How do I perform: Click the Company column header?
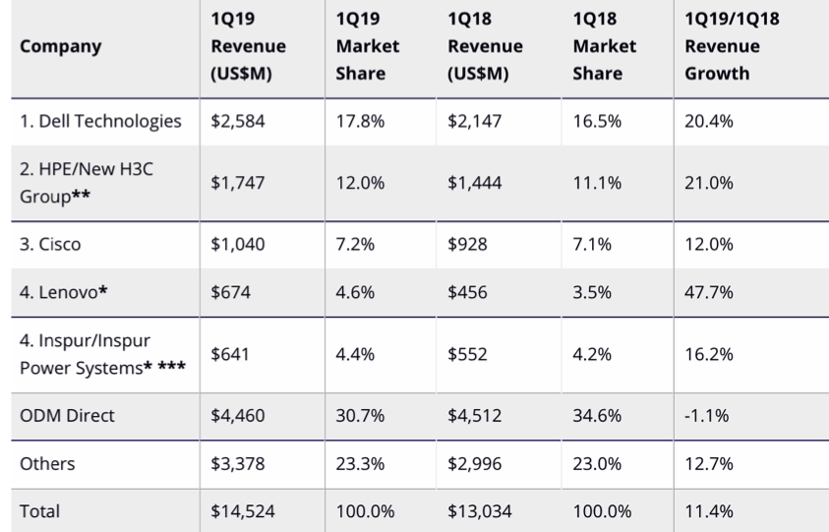coord(60,46)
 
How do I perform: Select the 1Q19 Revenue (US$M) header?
coord(248,46)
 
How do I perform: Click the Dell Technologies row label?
coord(101,122)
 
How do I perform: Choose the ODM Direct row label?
coord(67,415)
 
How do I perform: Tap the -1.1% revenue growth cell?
coord(706,415)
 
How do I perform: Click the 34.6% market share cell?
coord(596,415)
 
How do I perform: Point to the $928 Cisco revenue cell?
coord(466,244)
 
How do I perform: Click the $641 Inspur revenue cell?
coord(228,354)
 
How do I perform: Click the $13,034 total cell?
coord(479,510)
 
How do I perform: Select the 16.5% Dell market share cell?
coord(596,122)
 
